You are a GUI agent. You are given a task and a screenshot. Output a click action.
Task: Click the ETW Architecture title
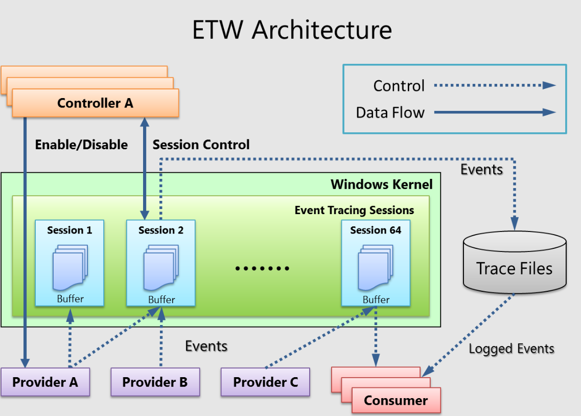292,30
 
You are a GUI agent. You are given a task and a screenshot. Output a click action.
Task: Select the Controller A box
95,103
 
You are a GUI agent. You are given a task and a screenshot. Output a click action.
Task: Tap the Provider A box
45,382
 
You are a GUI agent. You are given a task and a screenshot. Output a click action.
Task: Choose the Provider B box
155,382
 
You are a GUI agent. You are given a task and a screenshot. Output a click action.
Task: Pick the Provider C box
265,382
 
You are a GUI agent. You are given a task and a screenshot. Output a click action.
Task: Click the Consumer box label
396,400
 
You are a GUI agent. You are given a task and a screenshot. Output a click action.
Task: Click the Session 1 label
69,230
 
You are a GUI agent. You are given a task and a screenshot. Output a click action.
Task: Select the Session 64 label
376,230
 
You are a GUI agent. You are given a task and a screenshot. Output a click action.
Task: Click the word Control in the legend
399,86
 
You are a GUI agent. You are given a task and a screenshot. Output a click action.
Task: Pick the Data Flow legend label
390,112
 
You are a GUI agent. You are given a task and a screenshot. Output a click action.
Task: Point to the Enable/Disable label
81,145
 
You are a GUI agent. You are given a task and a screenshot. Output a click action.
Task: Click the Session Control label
201,145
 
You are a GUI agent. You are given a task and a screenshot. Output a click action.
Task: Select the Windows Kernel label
381,184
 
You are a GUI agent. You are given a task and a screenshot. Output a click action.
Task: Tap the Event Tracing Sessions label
354,210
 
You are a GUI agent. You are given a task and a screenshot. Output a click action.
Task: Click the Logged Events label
512,349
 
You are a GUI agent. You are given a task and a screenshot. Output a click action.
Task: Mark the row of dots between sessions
262,268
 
